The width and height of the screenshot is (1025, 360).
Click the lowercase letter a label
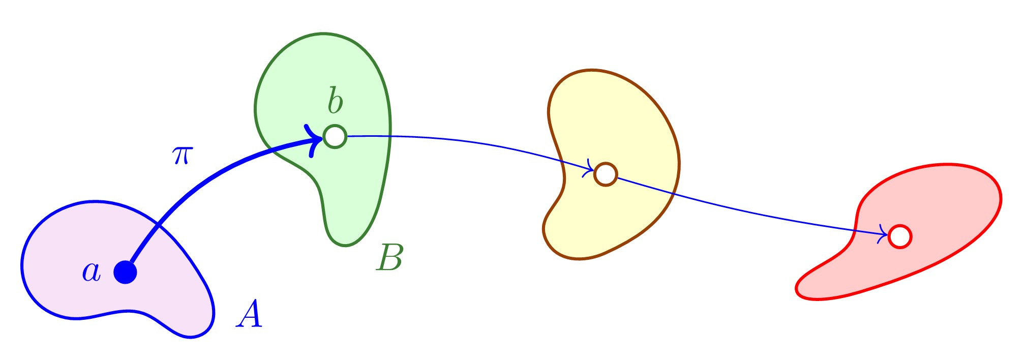coord(92,273)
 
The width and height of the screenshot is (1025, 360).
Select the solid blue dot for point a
coord(125,273)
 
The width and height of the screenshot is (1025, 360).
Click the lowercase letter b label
coord(335,101)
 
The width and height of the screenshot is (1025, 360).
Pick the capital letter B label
coord(389,258)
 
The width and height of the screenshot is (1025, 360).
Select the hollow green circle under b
coord(335,137)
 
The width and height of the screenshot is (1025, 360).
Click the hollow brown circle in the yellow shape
coord(605,174)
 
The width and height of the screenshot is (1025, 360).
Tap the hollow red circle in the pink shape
coord(899,236)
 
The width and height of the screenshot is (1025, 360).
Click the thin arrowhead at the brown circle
coord(589,170)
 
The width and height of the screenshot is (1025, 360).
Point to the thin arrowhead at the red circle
coord(883,234)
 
